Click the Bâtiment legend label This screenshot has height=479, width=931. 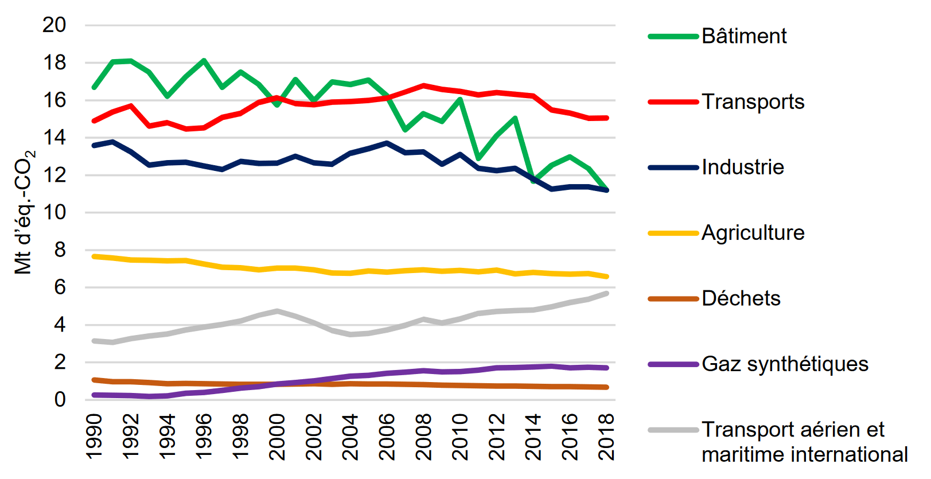click(744, 36)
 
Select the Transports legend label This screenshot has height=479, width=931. click(753, 102)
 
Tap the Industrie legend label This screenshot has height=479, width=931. click(743, 167)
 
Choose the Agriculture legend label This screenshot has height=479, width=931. click(753, 232)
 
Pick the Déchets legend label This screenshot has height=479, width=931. click(741, 298)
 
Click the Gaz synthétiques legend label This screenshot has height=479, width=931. click(785, 364)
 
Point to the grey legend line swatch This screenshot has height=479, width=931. click(673, 430)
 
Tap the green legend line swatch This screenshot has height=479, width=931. click(673, 36)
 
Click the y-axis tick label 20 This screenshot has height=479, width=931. click(54, 25)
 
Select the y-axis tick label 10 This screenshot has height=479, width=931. click(54, 212)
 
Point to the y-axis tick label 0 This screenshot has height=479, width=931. click(60, 399)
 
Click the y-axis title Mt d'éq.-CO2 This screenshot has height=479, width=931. click(24, 212)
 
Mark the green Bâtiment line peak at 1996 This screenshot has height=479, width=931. click(204, 60)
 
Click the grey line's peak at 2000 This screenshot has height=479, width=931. click(277, 311)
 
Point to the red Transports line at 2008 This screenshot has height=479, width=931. click(423, 85)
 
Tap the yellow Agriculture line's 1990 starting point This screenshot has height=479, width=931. click(94, 256)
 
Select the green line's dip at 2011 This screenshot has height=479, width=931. click(478, 158)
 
